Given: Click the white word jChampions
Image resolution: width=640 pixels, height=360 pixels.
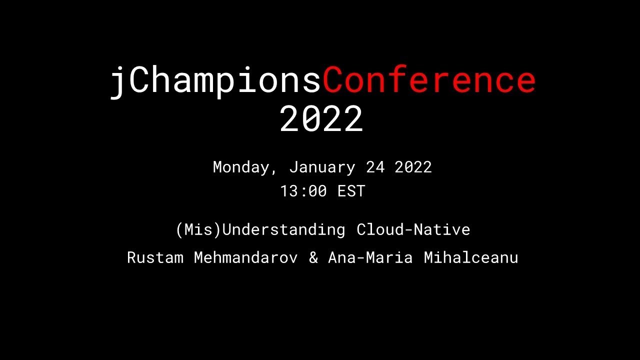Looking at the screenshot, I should pos(215,81).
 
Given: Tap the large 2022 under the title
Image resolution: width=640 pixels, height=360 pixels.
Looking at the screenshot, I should pos(321,119).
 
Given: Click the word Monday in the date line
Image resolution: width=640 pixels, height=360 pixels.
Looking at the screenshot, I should pos(241,167).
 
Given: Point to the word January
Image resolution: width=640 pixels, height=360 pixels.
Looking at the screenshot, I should pos(322,167).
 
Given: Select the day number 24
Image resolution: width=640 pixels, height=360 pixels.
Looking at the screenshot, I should pos(375,167).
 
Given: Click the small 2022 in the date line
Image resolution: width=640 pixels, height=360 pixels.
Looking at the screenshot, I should pos(413,167).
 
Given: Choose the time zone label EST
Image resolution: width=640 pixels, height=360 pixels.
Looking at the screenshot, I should pos(351,191).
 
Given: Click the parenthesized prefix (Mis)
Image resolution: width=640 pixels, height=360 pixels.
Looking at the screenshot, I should pos(198,230).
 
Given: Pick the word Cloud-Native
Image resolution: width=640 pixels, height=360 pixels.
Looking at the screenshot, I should pos(413,230).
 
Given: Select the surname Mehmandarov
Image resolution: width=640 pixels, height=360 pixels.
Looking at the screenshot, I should pos(245,258).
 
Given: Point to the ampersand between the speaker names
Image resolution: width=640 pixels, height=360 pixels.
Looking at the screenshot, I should pos(313,258).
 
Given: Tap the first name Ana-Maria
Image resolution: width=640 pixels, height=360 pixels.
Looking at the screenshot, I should pos(370,258).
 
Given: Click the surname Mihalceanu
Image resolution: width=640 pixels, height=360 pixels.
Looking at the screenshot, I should pos(470,258).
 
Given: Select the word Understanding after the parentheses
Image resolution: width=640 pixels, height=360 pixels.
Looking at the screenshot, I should pos(283,230).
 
